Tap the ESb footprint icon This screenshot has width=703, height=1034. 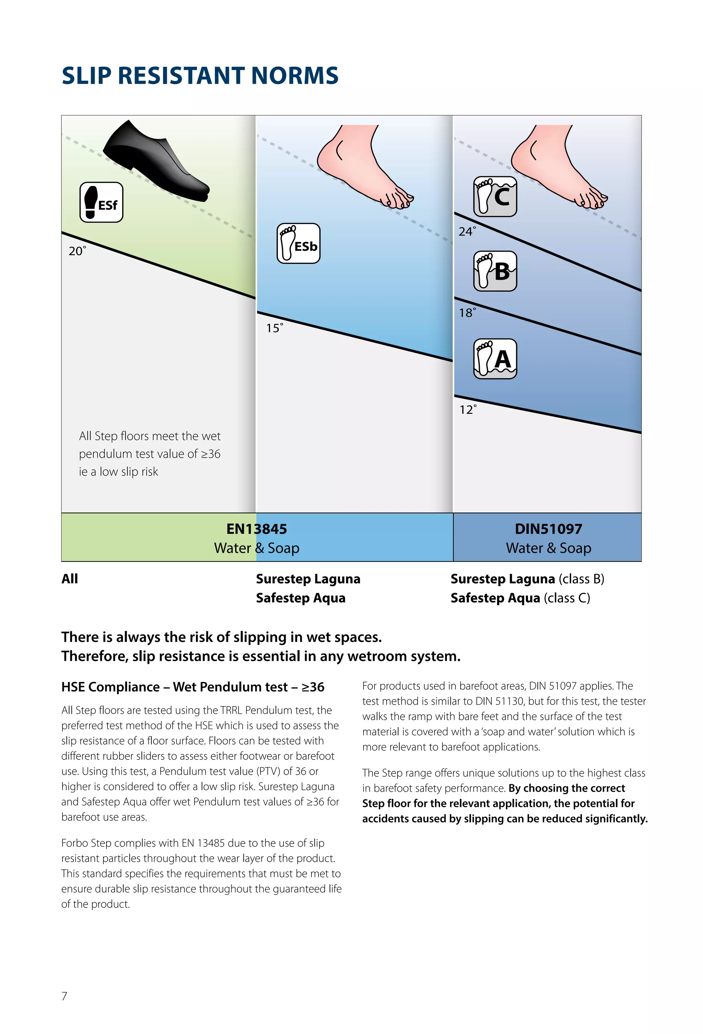[x=298, y=243]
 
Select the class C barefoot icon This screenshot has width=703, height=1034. [x=495, y=196]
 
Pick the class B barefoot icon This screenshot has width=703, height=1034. [x=495, y=271]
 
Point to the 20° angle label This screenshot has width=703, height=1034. [x=77, y=251]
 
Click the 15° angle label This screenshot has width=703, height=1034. [x=274, y=328]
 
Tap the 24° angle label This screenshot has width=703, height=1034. [x=466, y=231]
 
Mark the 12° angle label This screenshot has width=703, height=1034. [x=468, y=410]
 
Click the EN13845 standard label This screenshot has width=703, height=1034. [x=256, y=529]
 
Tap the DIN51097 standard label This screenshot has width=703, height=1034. [x=548, y=529]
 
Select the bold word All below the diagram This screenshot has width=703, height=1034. [x=69, y=579]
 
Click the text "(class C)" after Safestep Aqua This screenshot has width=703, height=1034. [x=567, y=598]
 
